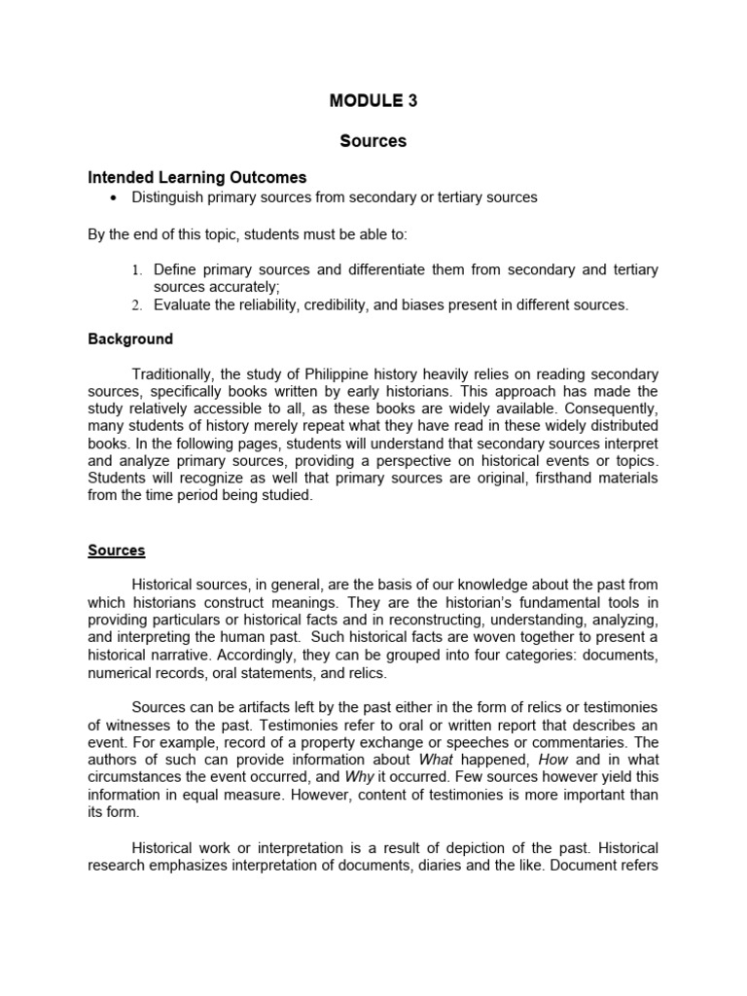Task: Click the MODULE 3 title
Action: pos(373,100)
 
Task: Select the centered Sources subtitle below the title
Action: pos(373,141)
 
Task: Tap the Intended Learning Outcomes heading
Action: pos(197,177)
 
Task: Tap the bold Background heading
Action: pos(130,339)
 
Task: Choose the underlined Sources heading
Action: pos(117,551)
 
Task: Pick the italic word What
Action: pos(436,760)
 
